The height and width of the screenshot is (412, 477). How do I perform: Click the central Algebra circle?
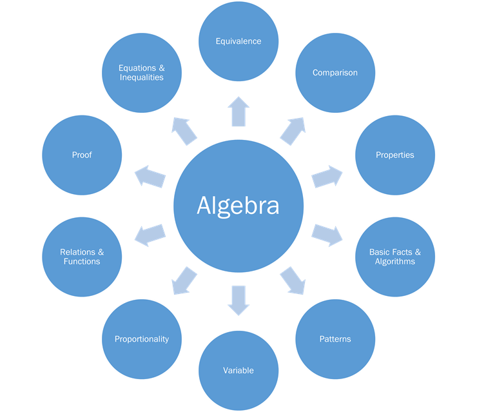(238, 206)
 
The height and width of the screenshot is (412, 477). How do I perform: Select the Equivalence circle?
(238, 41)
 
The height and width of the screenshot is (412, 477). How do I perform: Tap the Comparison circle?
(335, 72)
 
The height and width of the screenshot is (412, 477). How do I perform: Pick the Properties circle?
(395, 155)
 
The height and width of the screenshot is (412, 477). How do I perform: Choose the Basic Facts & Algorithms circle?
(395, 257)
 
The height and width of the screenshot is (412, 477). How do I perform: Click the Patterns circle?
(335, 339)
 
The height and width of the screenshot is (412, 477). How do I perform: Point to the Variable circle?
(238, 370)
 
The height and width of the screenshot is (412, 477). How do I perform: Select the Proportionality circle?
(142, 339)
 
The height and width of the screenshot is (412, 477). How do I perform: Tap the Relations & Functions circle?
(82, 257)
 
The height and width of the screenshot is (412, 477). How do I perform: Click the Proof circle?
(82, 155)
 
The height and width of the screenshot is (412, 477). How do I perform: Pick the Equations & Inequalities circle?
(142, 72)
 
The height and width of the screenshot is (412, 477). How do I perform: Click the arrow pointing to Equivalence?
(238, 111)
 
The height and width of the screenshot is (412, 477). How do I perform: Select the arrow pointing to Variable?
(238, 300)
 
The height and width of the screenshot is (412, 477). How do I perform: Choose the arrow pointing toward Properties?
(327, 176)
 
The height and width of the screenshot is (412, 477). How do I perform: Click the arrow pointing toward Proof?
(150, 176)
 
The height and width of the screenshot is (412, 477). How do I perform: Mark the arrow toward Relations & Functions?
(150, 235)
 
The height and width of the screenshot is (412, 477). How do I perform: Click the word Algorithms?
(395, 262)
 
